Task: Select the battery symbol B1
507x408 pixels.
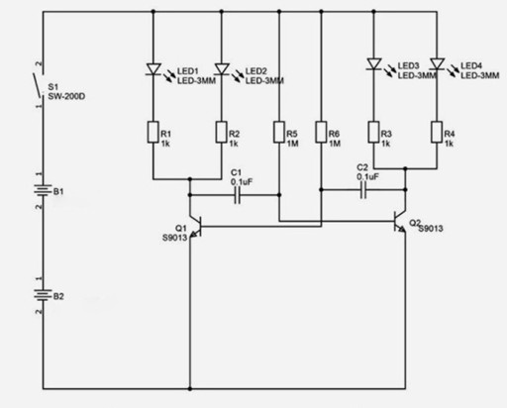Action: click(x=43, y=190)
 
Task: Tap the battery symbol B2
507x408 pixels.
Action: click(x=43, y=295)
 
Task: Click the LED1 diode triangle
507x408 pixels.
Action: click(x=153, y=69)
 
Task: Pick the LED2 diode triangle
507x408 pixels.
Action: click(x=222, y=69)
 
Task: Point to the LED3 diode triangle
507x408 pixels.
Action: click(x=374, y=64)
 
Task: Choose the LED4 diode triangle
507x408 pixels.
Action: click(x=437, y=64)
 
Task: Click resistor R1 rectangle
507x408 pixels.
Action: click(x=153, y=132)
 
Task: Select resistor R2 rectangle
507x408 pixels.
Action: click(x=222, y=132)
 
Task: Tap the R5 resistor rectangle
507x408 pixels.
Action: click(x=279, y=132)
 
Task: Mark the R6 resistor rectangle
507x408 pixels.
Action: click(x=321, y=132)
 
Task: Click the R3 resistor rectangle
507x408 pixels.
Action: click(x=373, y=132)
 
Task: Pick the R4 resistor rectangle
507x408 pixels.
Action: click(x=437, y=132)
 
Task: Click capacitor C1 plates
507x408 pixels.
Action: click(x=237, y=195)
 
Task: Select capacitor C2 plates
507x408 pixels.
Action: click(x=363, y=190)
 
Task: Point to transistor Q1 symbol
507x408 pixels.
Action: click(x=196, y=227)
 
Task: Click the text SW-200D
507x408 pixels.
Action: click(x=66, y=97)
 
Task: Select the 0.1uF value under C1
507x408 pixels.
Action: click(x=242, y=182)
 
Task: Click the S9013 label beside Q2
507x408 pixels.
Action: click(x=431, y=229)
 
